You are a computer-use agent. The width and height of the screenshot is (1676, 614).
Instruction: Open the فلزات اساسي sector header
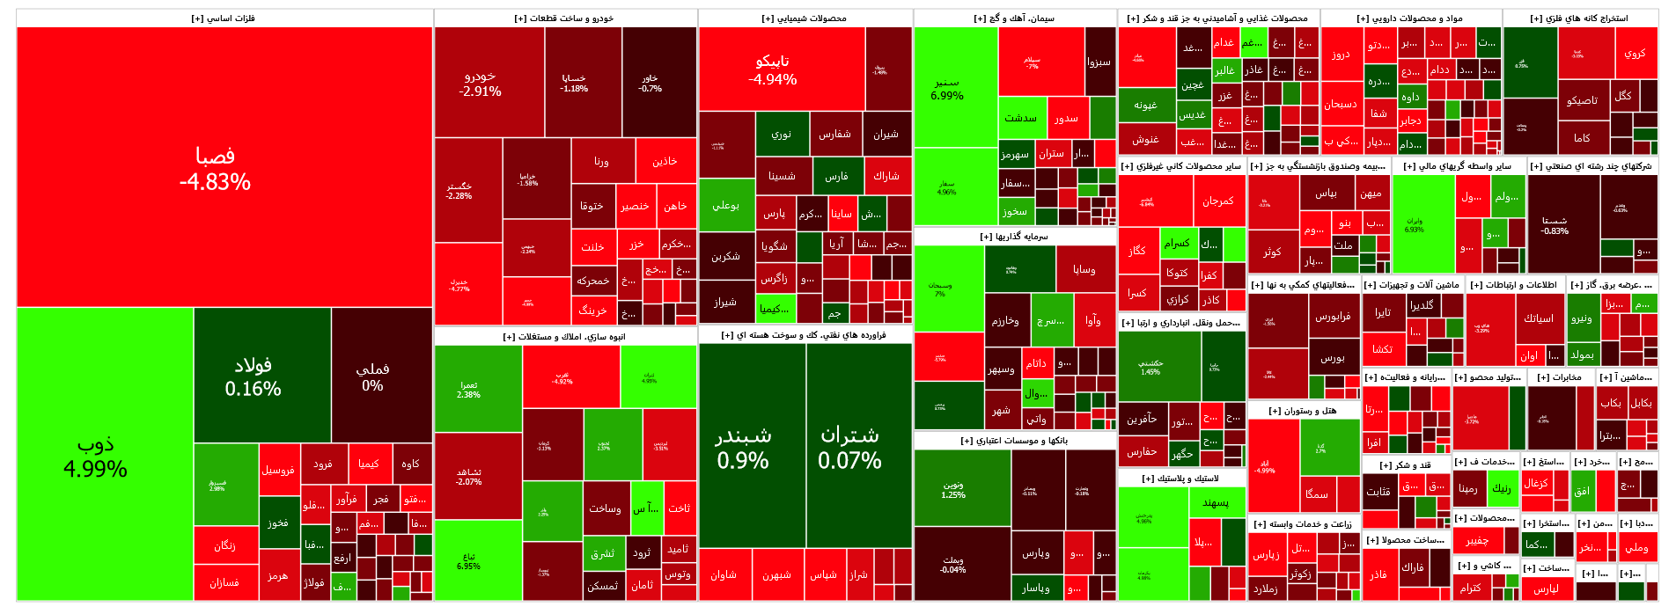[x=224, y=18]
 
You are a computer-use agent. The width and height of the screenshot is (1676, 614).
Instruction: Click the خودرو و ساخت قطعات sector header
[x=564, y=18]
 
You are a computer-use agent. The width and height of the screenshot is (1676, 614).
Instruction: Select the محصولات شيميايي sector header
[x=805, y=18]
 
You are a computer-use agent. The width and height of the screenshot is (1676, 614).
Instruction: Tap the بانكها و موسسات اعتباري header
[x=1014, y=441]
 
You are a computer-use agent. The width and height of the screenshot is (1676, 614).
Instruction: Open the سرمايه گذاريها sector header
[x=1014, y=237]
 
